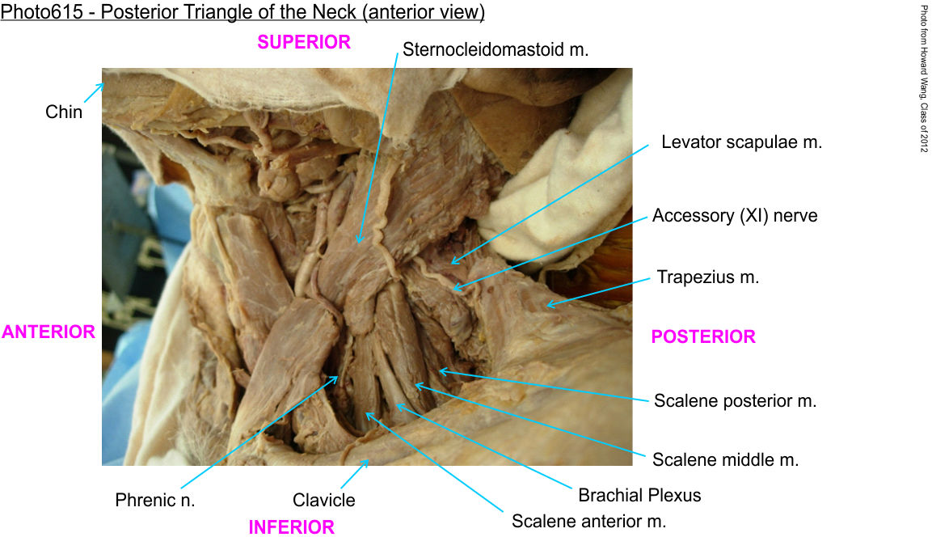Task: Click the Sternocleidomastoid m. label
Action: tap(496, 49)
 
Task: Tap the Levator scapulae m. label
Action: tap(741, 142)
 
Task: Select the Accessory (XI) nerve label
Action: tap(735, 215)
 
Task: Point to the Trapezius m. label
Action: tap(707, 277)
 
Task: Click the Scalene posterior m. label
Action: tap(735, 400)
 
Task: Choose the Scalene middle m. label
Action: tap(725, 459)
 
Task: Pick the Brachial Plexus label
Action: tap(639, 495)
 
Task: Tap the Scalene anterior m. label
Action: tap(588, 522)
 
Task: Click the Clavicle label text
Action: tap(323, 500)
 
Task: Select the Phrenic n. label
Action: tap(154, 500)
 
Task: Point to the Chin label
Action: tap(64, 112)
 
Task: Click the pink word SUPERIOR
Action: tap(304, 42)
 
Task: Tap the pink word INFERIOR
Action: tap(291, 527)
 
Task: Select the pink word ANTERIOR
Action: tap(48, 332)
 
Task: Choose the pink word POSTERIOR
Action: tap(703, 336)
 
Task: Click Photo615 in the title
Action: tap(41, 12)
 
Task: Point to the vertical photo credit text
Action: tap(924, 78)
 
